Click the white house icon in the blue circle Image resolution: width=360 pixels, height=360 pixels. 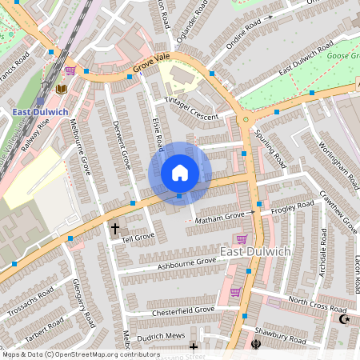click(180, 172)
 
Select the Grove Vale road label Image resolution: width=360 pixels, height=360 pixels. click(152, 67)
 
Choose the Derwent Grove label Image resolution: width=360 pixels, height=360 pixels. click(122, 145)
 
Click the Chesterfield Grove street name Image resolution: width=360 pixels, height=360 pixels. click(183, 310)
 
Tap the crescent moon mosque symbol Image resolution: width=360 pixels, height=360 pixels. click(346, 319)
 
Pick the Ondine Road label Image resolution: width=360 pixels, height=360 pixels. click(249, 36)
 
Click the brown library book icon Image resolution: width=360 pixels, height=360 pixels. click(62, 89)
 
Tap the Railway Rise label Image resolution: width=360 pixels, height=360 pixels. click(37, 130)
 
